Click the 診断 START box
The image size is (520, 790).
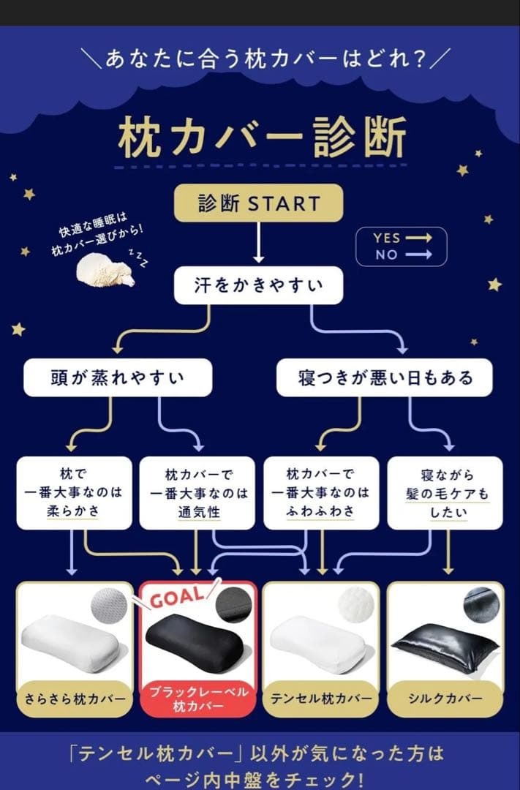tap(259, 203)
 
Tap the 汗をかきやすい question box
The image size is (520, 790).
tap(258, 285)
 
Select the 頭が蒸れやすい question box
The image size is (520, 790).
tap(118, 377)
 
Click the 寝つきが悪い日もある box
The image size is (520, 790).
tap(385, 377)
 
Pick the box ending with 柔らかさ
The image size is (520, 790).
tap(74, 492)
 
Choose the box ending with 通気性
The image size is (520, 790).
tap(197, 492)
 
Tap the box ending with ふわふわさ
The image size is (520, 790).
tap(320, 492)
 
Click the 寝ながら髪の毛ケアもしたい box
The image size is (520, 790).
tap(445, 492)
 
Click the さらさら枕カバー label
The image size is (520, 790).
tap(74, 698)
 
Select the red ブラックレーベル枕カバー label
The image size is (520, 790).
tap(198, 699)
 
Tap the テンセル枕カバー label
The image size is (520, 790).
tap(320, 698)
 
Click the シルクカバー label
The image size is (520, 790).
tap(445, 698)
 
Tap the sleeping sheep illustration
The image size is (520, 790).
tap(106, 269)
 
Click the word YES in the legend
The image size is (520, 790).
tap(386, 238)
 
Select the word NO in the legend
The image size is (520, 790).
tap(386, 255)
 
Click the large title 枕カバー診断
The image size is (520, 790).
tap(261, 138)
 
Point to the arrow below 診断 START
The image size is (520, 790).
tap(258, 243)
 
